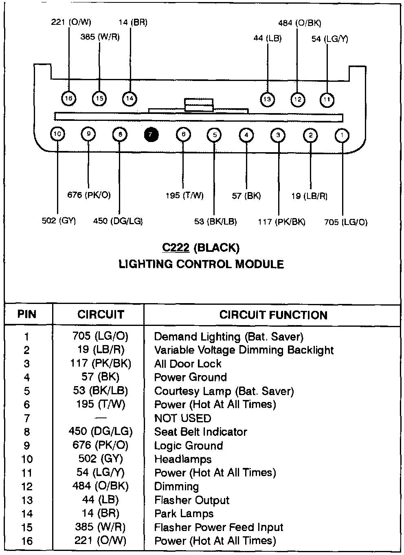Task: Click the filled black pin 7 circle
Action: pos(151,135)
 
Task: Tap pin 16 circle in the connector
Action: pos(68,98)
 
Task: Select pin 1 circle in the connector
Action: pos(342,135)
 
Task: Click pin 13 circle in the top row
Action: pos(267,99)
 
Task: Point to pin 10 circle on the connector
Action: pos(57,134)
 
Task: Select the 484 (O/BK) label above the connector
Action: pos(299,23)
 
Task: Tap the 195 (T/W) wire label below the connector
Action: pos(184,195)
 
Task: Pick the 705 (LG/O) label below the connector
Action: pos(346,222)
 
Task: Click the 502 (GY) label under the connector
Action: pos(59,221)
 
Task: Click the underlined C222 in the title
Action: pos(176,247)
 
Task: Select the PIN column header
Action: pos(27,314)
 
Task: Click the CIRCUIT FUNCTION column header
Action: pos(273,315)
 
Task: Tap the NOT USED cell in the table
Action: pos(182,418)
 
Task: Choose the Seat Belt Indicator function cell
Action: pos(200,432)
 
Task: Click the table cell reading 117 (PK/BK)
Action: pos(101,363)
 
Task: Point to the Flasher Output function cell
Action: pos(191,500)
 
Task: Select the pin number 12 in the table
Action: pos(27,487)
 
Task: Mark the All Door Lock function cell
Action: pos(188,363)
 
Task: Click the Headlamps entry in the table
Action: pos(183,459)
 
